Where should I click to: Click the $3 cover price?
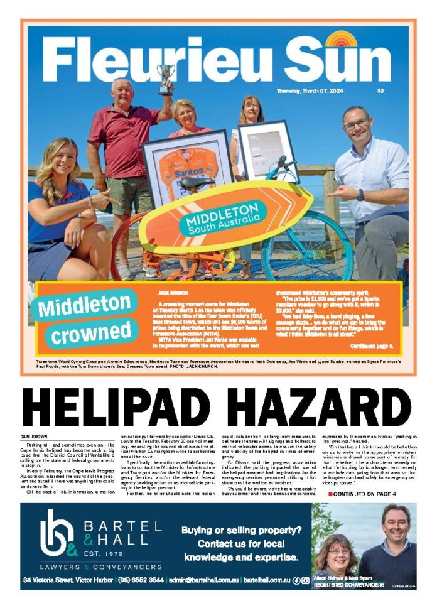coord(380,91)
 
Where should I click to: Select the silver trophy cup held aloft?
coord(165,79)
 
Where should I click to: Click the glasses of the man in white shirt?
coord(355,123)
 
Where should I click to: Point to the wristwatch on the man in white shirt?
coord(360,195)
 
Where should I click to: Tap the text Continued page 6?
coord(371,346)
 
